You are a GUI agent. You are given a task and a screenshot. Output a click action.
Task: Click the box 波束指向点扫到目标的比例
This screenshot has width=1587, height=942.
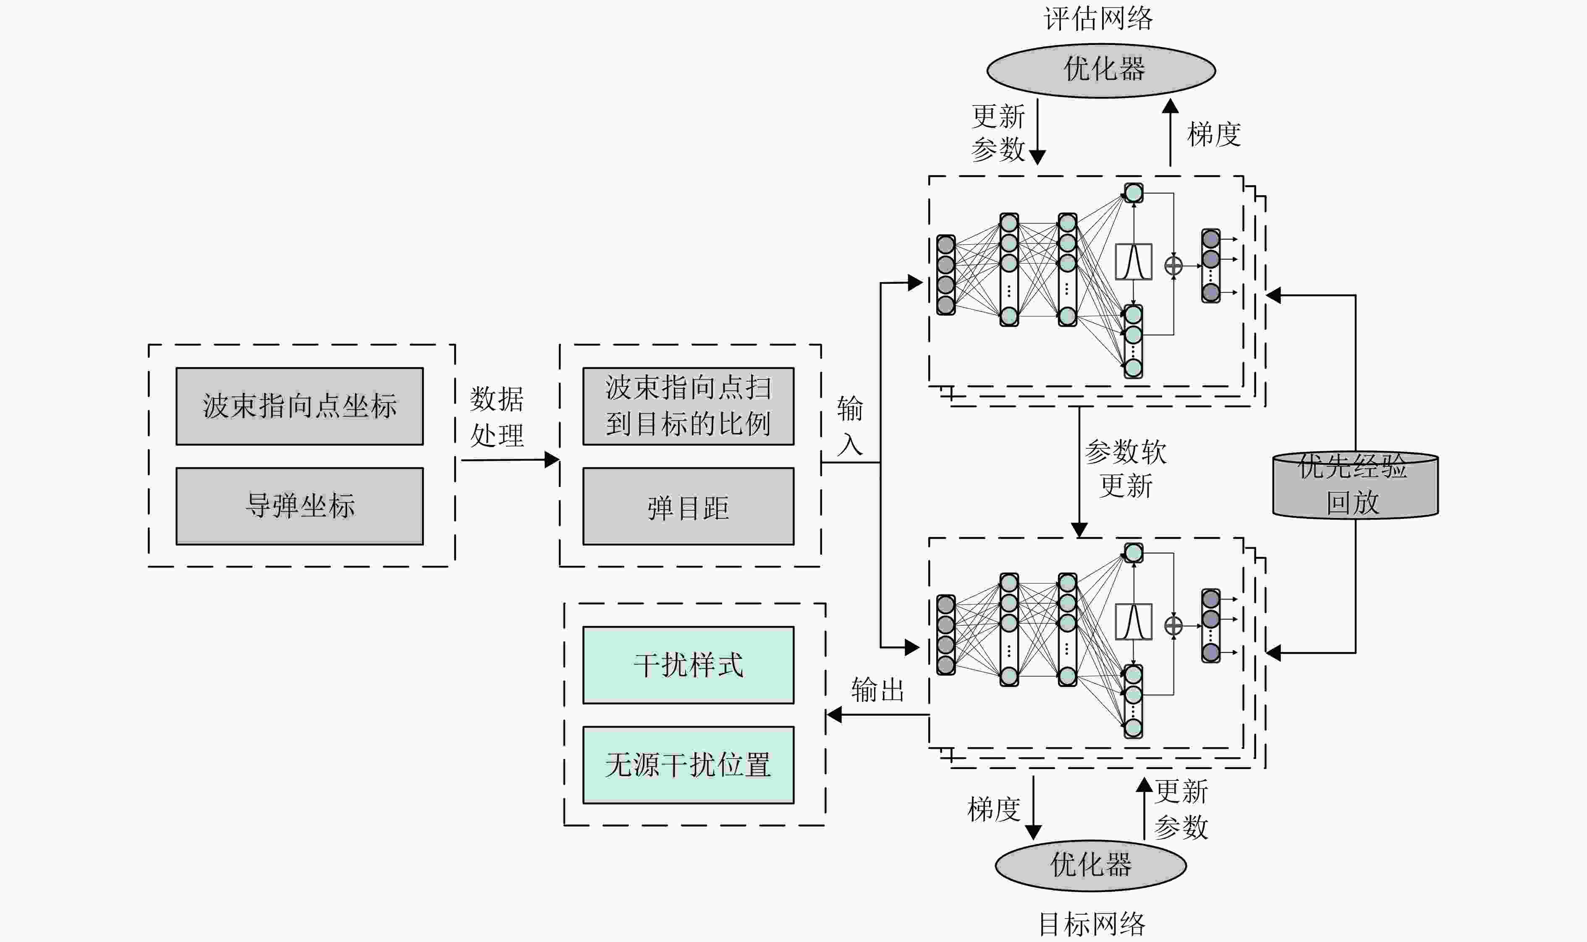tap(688, 406)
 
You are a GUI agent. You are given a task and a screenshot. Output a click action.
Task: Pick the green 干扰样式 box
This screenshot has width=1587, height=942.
tap(688, 665)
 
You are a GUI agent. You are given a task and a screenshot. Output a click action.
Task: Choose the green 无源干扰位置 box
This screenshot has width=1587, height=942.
tap(688, 765)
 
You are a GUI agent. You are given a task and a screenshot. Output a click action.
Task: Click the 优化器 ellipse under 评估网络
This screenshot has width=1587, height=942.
tap(1101, 70)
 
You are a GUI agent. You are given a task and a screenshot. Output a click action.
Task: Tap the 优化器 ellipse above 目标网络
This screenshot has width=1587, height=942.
tap(1091, 865)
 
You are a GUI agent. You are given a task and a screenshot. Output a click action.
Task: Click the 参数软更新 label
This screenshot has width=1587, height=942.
tap(1126, 469)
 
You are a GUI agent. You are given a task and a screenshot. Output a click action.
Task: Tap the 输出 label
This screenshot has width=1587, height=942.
tap(877, 690)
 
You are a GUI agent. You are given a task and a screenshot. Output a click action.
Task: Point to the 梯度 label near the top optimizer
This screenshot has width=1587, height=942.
tap(1214, 135)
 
